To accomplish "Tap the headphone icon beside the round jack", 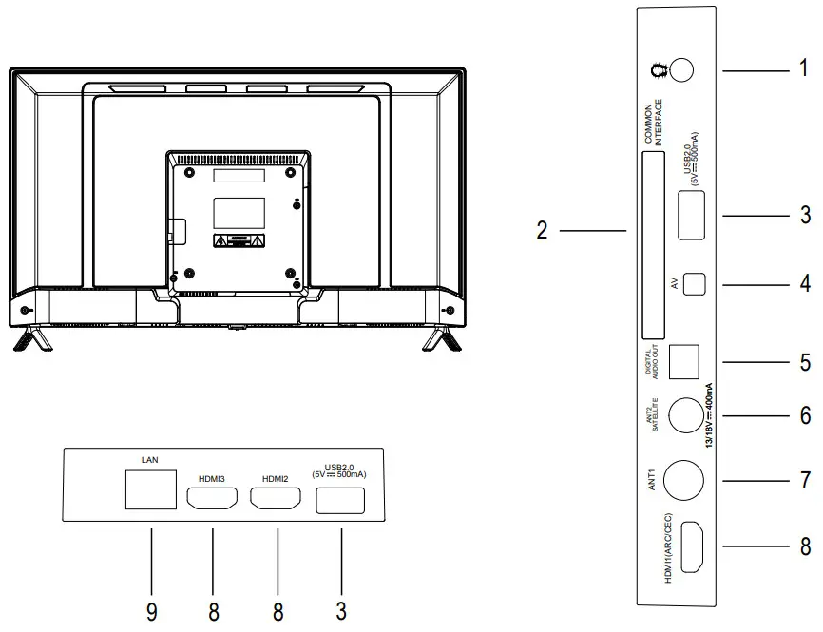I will (x=654, y=71).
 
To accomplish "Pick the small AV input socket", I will (x=695, y=283).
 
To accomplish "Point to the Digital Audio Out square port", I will (x=684, y=359).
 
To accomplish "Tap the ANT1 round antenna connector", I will (x=682, y=481).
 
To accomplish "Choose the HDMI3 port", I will (x=212, y=497).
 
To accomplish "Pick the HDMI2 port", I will (x=276, y=497).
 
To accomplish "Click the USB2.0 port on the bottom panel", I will (x=340, y=499).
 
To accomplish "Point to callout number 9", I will (x=151, y=611).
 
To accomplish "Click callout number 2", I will (x=542, y=231).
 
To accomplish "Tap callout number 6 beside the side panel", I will (x=805, y=416).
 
